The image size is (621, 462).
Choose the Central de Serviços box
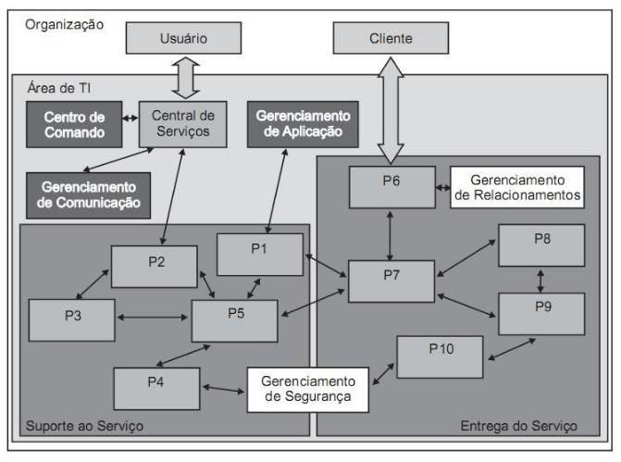[x=183, y=124]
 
